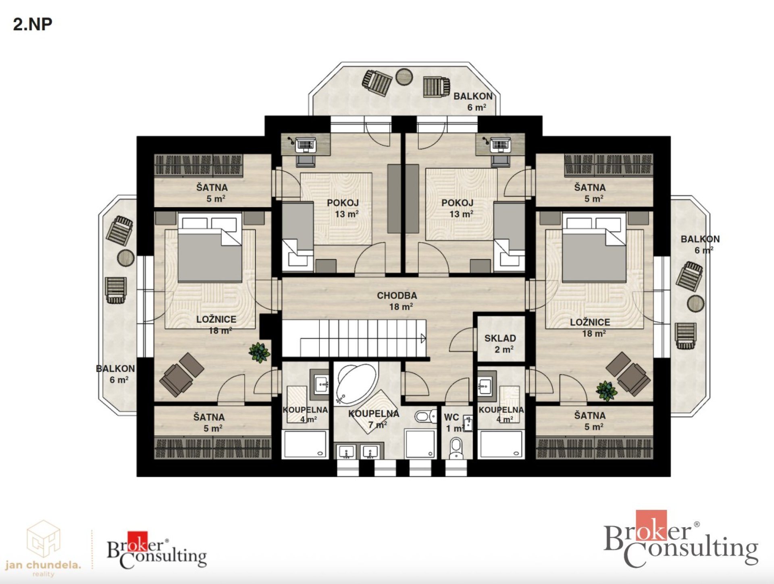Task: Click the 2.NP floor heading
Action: tap(33, 24)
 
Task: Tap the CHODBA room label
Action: tap(397, 295)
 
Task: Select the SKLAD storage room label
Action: tap(500, 338)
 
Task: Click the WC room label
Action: tap(451, 417)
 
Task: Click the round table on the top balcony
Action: tap(404, 77)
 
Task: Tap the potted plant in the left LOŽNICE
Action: tap(259, 352)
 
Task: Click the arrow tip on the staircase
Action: tap(425, 339)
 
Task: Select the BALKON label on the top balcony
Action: tap(473, 96)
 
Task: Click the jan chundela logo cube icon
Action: tap(44, 538)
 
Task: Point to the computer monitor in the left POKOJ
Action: tap(305, 145)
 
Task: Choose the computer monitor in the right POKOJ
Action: tap(500, 145)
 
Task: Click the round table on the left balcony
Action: tap(126, 258)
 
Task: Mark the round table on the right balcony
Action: tap(696, 303)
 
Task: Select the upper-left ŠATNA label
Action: tap(212, 187)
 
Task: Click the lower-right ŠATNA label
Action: tap(590, 416)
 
